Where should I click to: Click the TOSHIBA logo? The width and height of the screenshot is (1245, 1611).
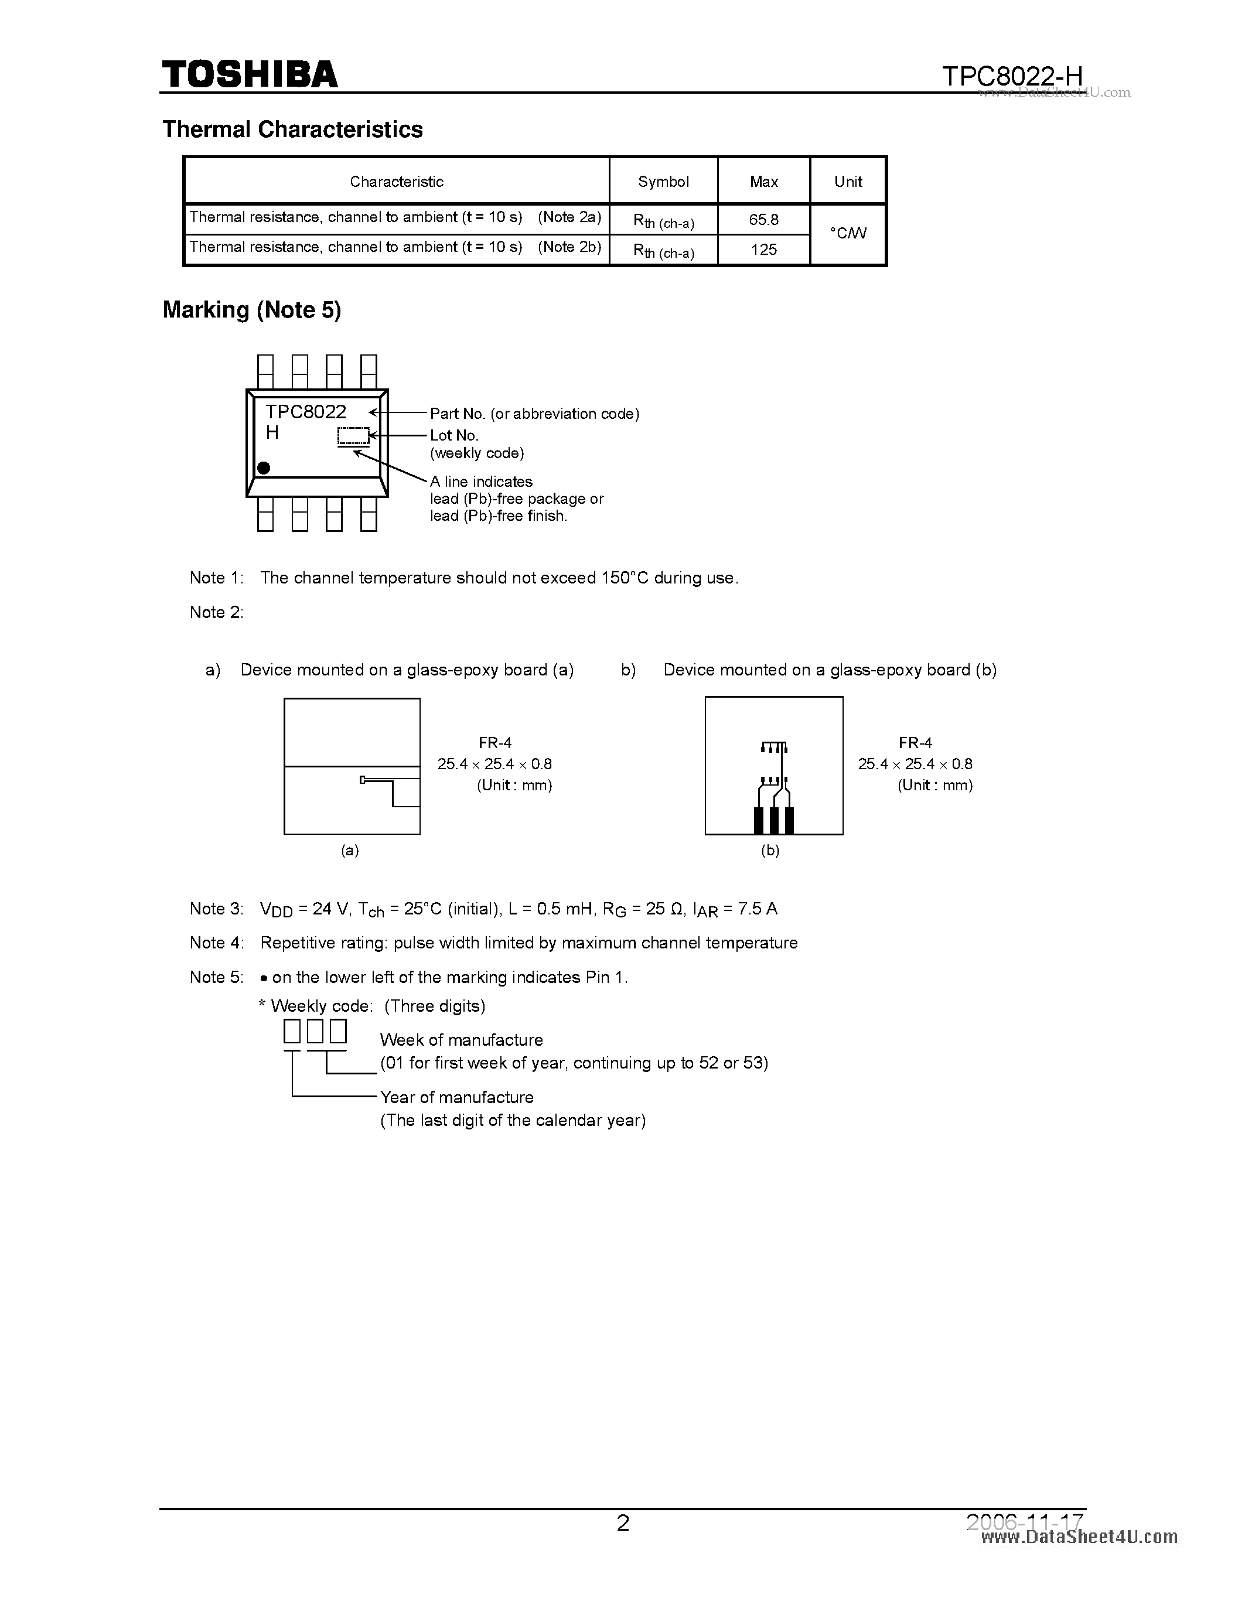point(250,74)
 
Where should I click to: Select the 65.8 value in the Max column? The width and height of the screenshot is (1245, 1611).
point(763,220)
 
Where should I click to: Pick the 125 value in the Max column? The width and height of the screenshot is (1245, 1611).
point(763,250)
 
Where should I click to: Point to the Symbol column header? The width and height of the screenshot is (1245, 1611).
point(663,182)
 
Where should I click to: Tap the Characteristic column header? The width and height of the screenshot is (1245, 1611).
point(396,182)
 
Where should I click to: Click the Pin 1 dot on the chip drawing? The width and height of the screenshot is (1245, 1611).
point(263,467)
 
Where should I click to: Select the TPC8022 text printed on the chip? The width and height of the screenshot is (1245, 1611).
point(305,412)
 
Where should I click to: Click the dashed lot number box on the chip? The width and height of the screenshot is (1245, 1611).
point(353,436)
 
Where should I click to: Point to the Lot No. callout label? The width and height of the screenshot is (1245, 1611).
point(454,435)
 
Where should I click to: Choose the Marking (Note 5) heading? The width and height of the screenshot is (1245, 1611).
point(251,310)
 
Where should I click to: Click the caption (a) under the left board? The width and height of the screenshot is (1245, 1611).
point(350,851)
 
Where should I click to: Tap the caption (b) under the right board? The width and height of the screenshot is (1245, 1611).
point(770,851)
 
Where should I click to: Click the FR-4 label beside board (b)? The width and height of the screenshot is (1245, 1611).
point(915,743)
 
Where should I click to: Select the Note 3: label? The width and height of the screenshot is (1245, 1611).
point(216,909)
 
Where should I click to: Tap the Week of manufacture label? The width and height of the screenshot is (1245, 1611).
point(461,1040)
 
